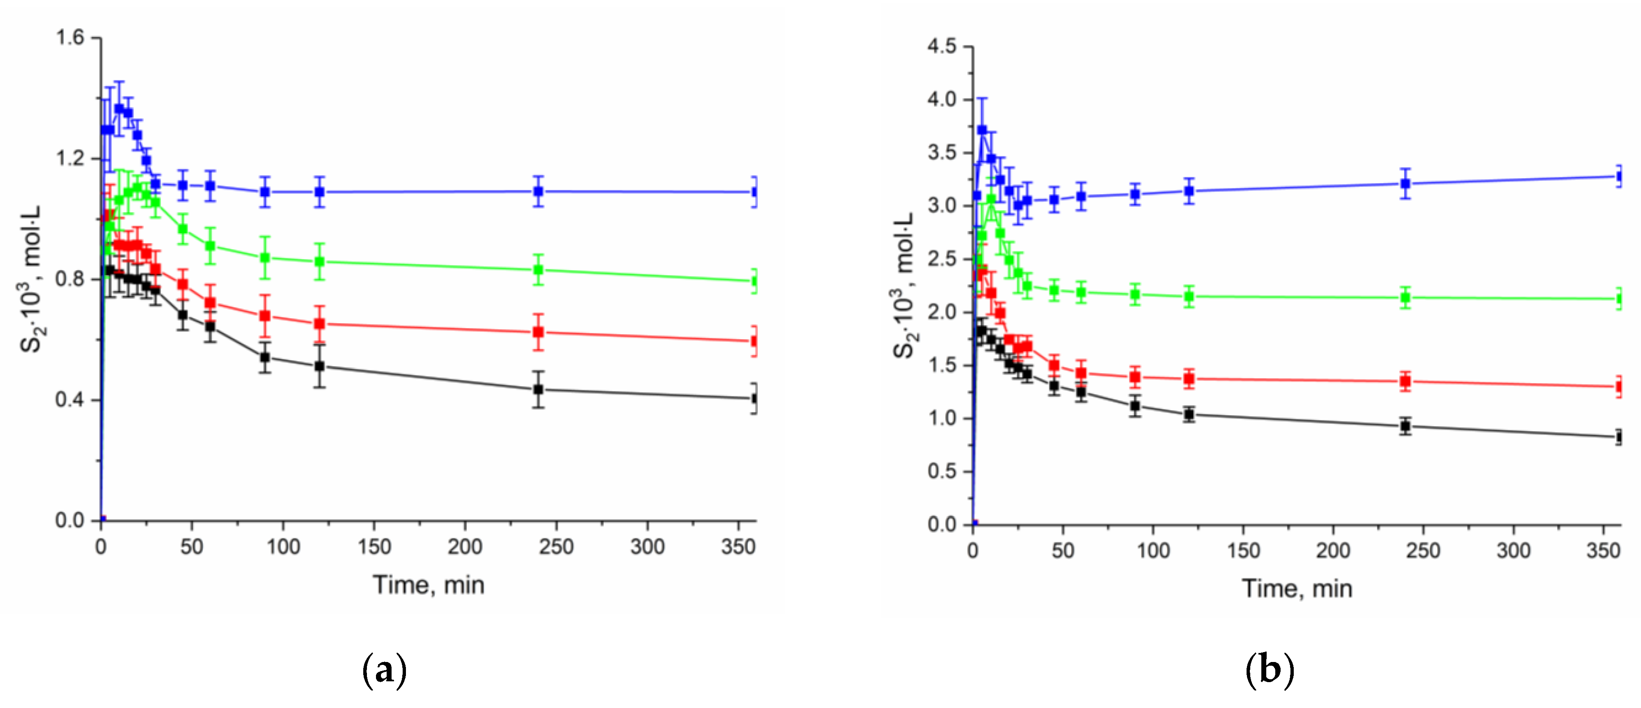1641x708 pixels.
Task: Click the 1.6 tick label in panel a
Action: click(70, 38)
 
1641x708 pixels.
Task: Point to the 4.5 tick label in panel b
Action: click(942, 46)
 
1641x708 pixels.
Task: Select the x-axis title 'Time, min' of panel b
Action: click(1297, 588)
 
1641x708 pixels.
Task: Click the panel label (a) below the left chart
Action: click(384, 670)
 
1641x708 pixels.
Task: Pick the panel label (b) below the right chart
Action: click(1270, 670)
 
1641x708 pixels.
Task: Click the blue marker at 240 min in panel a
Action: click(538, 191)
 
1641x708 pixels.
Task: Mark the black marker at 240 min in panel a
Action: click(538, 389)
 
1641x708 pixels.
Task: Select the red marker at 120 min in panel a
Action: click(320, 324)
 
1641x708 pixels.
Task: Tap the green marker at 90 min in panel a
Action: click(265, 258)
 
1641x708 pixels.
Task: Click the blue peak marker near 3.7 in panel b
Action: click(982, 130)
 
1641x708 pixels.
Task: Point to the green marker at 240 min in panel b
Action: click(1405, 298)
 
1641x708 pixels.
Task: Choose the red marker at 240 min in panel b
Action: click(1405, 382)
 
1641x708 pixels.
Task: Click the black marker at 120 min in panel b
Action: click(1189, 415)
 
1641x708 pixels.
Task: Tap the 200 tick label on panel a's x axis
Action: click(464, 547)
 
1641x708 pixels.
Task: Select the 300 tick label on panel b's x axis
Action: click(1513, 551)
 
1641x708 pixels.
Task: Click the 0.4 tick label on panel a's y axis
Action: click(70, 400)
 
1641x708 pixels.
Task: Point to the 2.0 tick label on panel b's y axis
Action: click(942, 312)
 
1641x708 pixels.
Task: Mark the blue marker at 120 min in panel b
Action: click(1189, 191)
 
